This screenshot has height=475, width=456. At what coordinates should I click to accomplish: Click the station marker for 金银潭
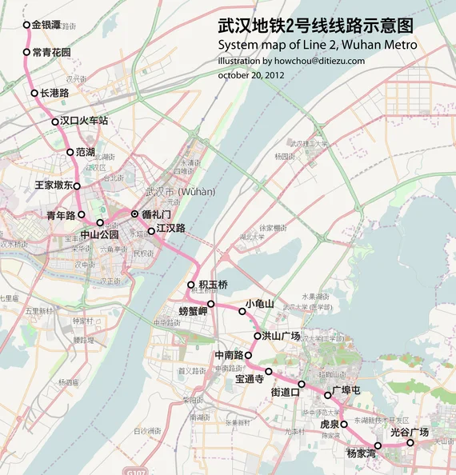pos(26,25)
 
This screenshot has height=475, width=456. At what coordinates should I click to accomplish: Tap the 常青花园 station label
pos(51,53)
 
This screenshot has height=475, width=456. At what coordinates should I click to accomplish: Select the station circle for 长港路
pos(34,93)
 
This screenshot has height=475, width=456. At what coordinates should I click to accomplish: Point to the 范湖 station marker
pos(69,152)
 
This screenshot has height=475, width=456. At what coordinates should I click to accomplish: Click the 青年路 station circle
pos(82,214)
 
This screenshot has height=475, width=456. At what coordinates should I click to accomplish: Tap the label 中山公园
pos(99,235)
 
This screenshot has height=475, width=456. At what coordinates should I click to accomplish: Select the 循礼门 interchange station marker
pos(134,214)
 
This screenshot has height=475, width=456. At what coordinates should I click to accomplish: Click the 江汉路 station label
pos(171,228)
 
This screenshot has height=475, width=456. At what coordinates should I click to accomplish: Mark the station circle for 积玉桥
pos(190,285)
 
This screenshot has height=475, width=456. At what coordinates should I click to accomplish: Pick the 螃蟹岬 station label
pos(193,311)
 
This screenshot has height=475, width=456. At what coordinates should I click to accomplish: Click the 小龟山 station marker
pos(242,311)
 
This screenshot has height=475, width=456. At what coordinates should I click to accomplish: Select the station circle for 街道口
pos(302,385)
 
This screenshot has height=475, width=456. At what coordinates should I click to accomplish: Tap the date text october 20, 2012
pos(251,75)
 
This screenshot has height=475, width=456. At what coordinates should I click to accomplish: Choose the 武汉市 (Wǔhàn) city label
pos(180,192)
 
